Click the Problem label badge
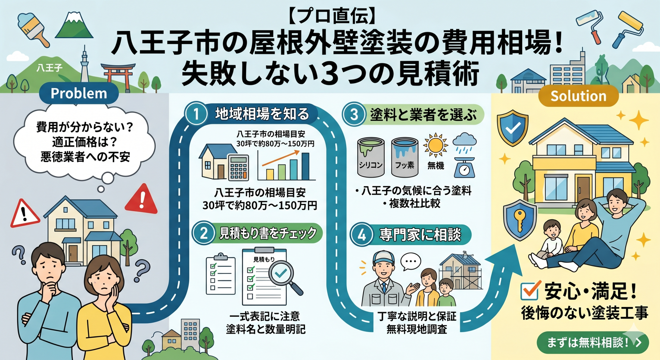tap(79, 94)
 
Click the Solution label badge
tap(578, 96)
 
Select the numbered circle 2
tap(203, 233)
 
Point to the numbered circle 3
tap(354, 114)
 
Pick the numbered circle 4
tap(361, 235)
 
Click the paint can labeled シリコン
tap(371, 157)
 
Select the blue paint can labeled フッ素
tap(405, 157)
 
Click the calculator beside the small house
tap(238, 167)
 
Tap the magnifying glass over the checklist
tap(284, 275)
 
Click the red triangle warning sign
tap(142, 199)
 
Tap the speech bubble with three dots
tap(411, 262)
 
